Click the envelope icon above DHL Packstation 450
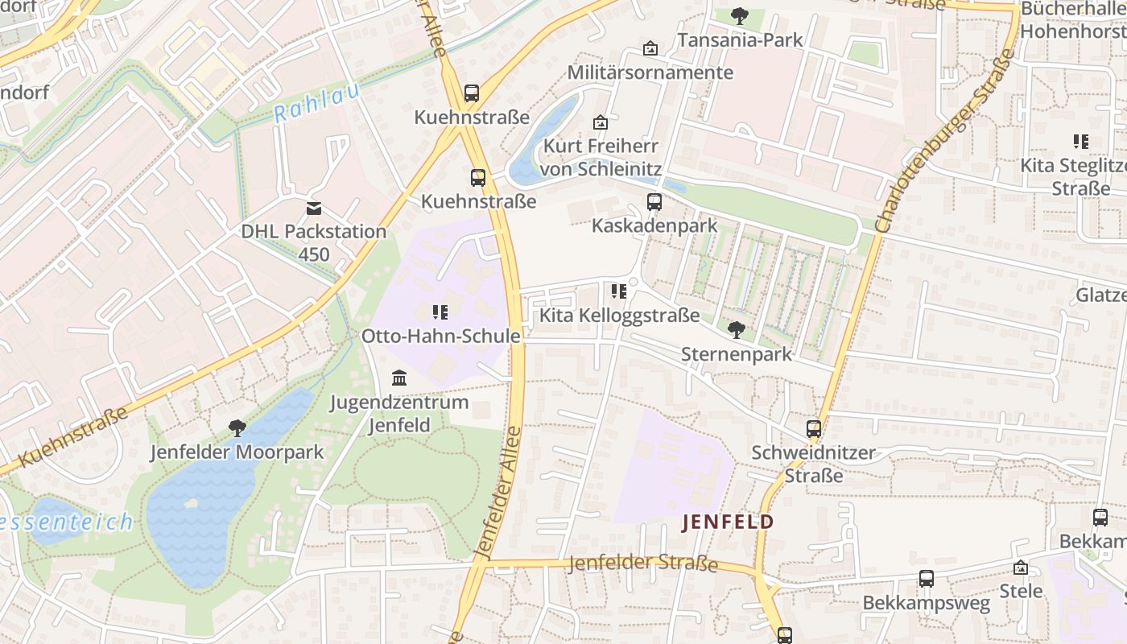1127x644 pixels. click(x=314, y=208)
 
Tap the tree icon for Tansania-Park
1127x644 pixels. click(x=739, y=16)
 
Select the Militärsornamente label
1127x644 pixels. click(x=650, y=72)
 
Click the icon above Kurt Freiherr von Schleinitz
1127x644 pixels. click(x=600, y=122)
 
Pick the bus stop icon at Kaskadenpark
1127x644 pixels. click(x=654, y=202)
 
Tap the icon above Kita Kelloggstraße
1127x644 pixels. click(x=618, y=291)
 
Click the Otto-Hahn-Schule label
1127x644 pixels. click(x=440, y=336)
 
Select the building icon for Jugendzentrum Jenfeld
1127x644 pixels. click(x=398, y=378)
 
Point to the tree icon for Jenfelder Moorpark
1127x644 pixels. click(x=237, y=427)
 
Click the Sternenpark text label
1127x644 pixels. click(x=737, y=354)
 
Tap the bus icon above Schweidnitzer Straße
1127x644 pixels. click(x=814, y=429)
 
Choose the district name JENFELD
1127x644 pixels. click(x=728, y=522)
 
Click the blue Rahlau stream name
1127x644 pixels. click(x=316, y=103)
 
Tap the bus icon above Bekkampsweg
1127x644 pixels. click(x=927, y=579)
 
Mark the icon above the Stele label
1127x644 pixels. click(x=1021, y=568)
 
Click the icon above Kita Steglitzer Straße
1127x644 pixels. click(x=1080, y=142)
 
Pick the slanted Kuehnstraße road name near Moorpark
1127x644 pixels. click(x=72, y=437)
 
